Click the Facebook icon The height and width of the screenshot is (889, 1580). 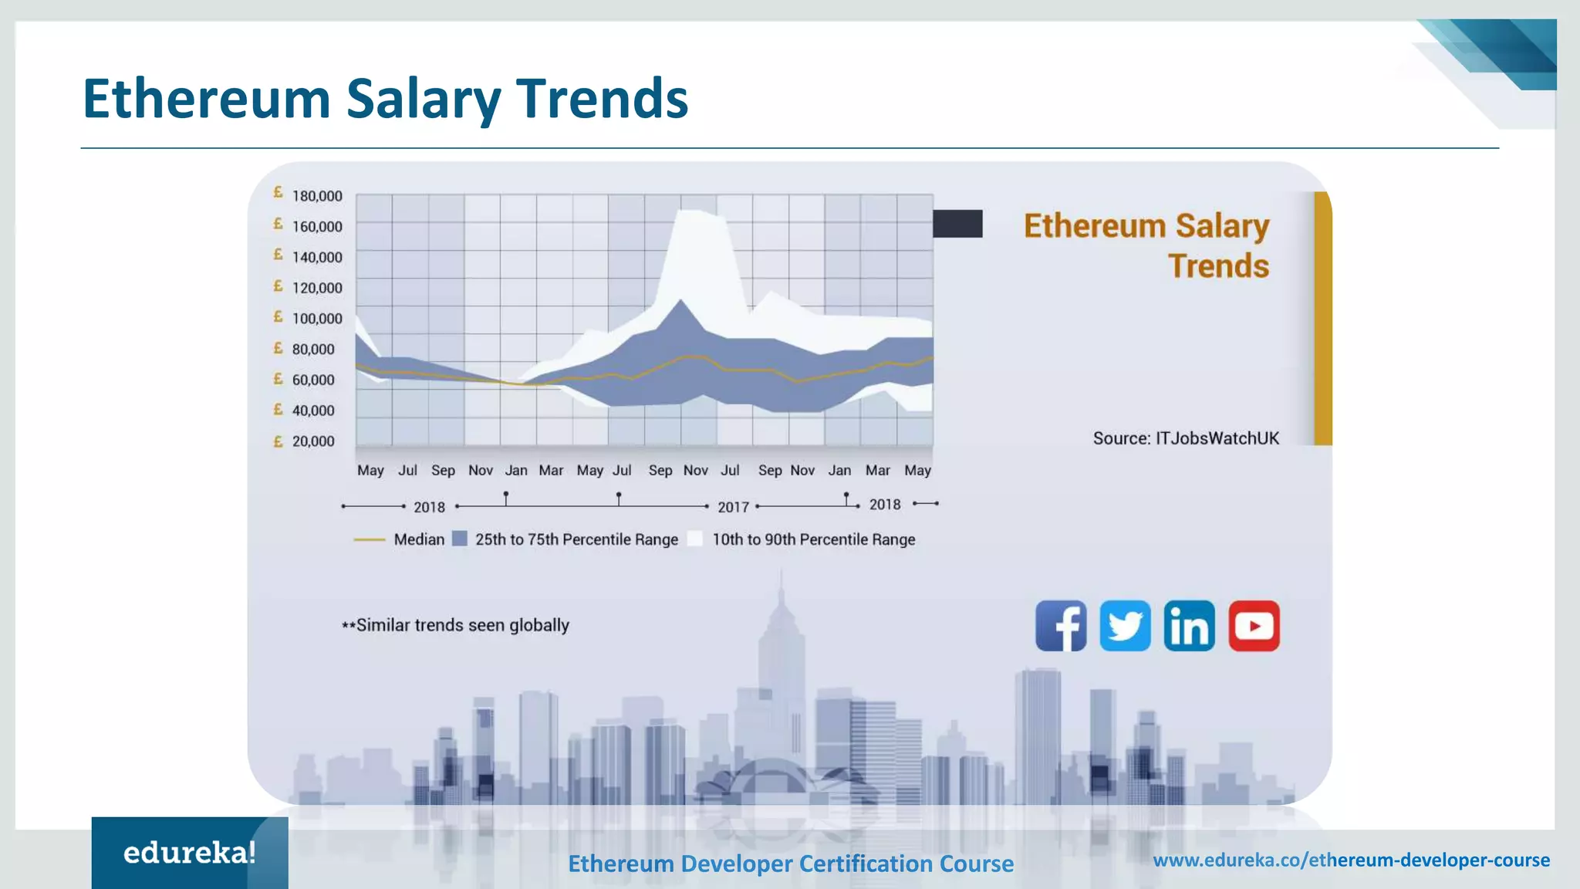coord(1061,626)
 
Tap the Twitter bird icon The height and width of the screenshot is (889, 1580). coord(1125,626)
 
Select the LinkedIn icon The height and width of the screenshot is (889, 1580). coord(1189,626)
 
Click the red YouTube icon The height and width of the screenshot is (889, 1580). coord(1254,626)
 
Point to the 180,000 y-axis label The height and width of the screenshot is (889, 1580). coord(316,196)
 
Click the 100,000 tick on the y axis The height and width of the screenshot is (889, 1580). coord(316,319)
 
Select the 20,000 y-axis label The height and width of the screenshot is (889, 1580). coord(312,441)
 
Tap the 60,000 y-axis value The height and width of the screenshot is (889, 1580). coord(312,380)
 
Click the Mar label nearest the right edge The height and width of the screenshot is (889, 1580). coord(877,470)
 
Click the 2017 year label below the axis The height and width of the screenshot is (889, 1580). coord(733,507)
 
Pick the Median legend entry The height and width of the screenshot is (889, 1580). coord(419,539)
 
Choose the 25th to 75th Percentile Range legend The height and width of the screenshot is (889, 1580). coord(576,539)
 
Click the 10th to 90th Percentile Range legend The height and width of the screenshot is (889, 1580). coord(813,539)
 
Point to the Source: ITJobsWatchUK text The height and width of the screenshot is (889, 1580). coord(1186,438)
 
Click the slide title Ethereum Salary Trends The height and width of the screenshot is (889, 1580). coord(385,99)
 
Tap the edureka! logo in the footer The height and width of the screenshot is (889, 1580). coord(189,853)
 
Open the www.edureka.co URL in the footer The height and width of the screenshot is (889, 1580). coord(1351,860)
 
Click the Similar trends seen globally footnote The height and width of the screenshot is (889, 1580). coord(456,625)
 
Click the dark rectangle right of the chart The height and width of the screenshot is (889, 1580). coord(957,224)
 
